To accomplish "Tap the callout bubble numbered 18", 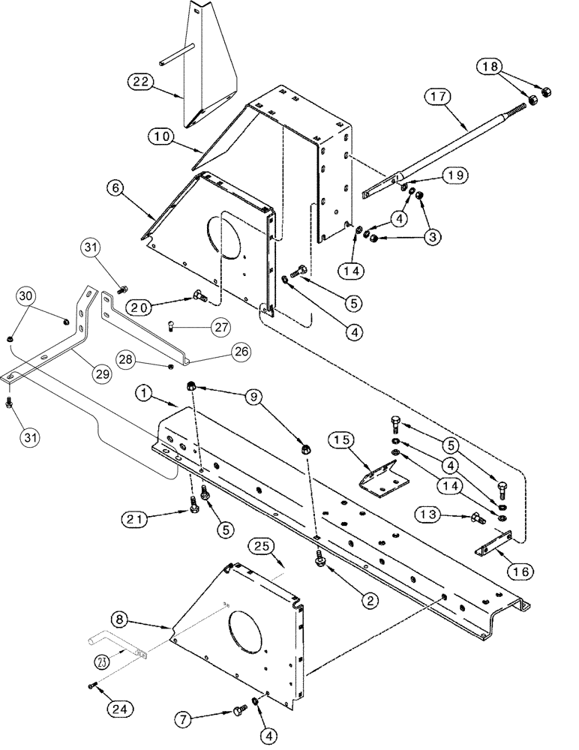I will tap(492, 67).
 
